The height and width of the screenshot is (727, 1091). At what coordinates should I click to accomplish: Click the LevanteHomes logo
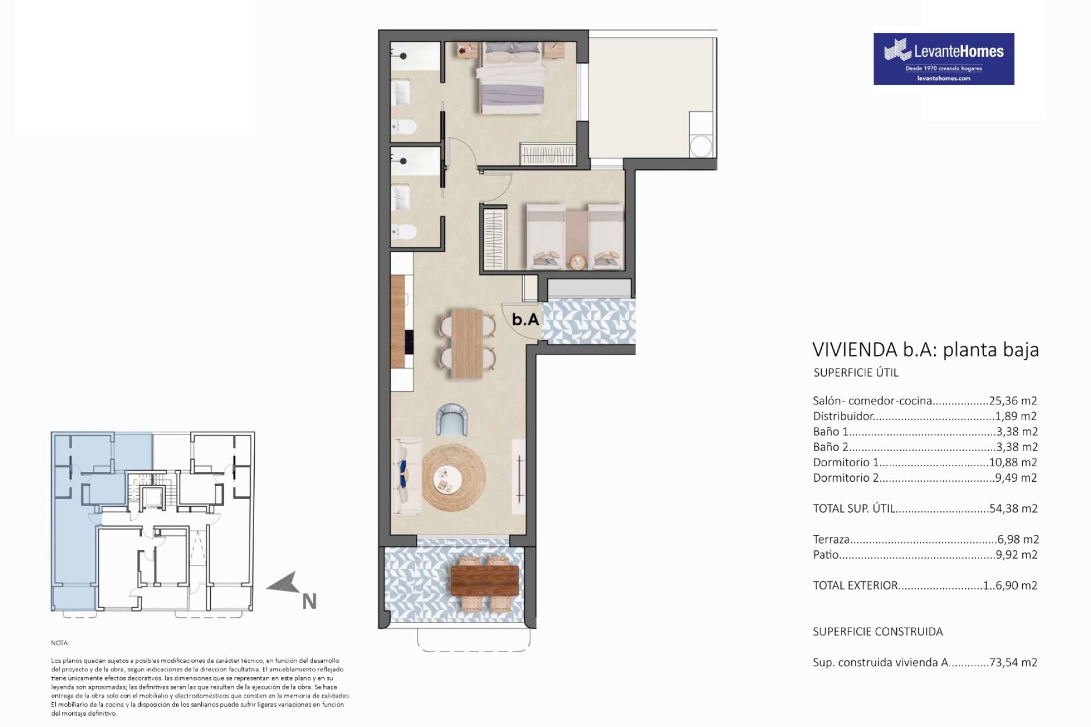pyautogui.click(x=944, y=59)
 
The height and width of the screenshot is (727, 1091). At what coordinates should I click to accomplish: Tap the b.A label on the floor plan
pyautogui.click(x=526, y=320)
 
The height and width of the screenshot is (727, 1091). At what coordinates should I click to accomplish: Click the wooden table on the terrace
pyautogui.click(x=484, y=580)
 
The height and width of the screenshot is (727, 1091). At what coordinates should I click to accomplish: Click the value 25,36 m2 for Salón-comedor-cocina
pyautogui.click(x=1013, y=401)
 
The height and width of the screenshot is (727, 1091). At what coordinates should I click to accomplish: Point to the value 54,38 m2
pyautogui.click(x=1013, y=509)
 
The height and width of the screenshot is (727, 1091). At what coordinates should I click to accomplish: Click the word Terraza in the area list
pyautogui.click(x=831, y=540)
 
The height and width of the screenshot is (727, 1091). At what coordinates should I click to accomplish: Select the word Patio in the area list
pyautogui.click(x=826, y=555)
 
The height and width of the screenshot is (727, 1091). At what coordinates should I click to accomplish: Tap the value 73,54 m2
pyautogui.click(x=1013, y=662)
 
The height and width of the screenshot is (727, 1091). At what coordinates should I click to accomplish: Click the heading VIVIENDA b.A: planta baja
pyautogui.click(x=926, y=349)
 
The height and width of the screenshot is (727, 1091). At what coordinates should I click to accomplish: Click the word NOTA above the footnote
pyautogui.click(x=60, y=643)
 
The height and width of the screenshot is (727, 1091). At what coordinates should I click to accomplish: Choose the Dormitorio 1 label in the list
pyautogui.click(x=846, y=462)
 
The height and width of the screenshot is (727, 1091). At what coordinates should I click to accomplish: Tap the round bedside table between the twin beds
pyautogui.click(x=577, y=261)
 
